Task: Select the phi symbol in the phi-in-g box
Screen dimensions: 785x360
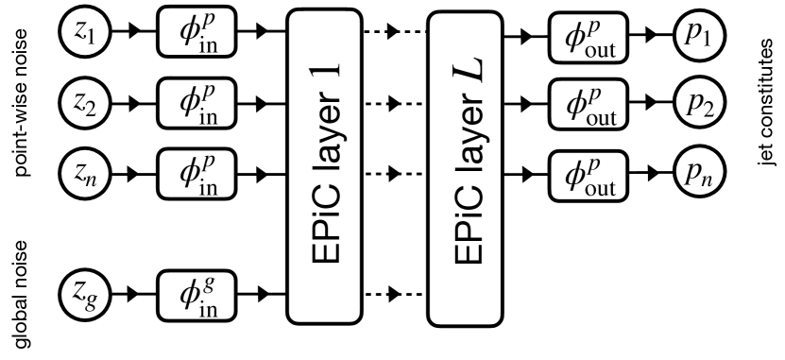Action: coord(188,296)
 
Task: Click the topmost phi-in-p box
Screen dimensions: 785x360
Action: coord(196,32)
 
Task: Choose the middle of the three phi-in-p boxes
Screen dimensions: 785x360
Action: coord(196,102)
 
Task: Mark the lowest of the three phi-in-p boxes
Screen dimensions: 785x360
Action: coord(196,173)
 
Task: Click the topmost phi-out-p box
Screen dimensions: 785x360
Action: coord(589,37)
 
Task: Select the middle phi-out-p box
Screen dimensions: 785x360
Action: coord(589,106)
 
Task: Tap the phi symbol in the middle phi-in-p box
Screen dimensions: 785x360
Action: coord(188,102)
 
